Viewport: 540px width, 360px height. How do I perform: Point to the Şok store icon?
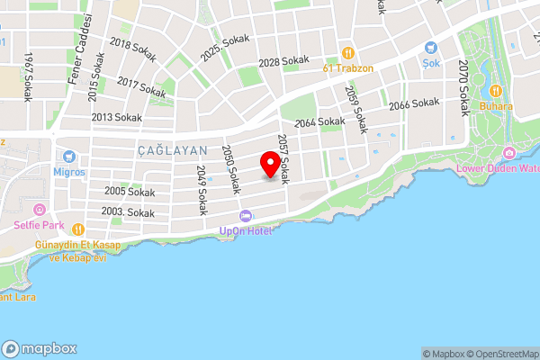pyautogui.click(x=430, y=49)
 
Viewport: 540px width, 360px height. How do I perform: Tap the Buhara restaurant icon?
pyautogui.click(x=495, y=91)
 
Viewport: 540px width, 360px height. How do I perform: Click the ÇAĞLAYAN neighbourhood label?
pyautogui.click(x=173, y=150)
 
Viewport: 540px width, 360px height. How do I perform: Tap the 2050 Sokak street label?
pyautogui.click(x=230, y=169)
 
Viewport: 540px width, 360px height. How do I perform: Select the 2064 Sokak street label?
pyautogui.click(x=319, y=121)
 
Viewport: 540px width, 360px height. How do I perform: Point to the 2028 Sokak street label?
pyautogui.click(x=283, y=62)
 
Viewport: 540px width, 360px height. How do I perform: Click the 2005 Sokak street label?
pyautogui.click(x=130, y=192)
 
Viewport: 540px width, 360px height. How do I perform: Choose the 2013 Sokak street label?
pyautogui.click(x=116, y=117)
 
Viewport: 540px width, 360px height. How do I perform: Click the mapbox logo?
pyautogui.click(x=40, y=348)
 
